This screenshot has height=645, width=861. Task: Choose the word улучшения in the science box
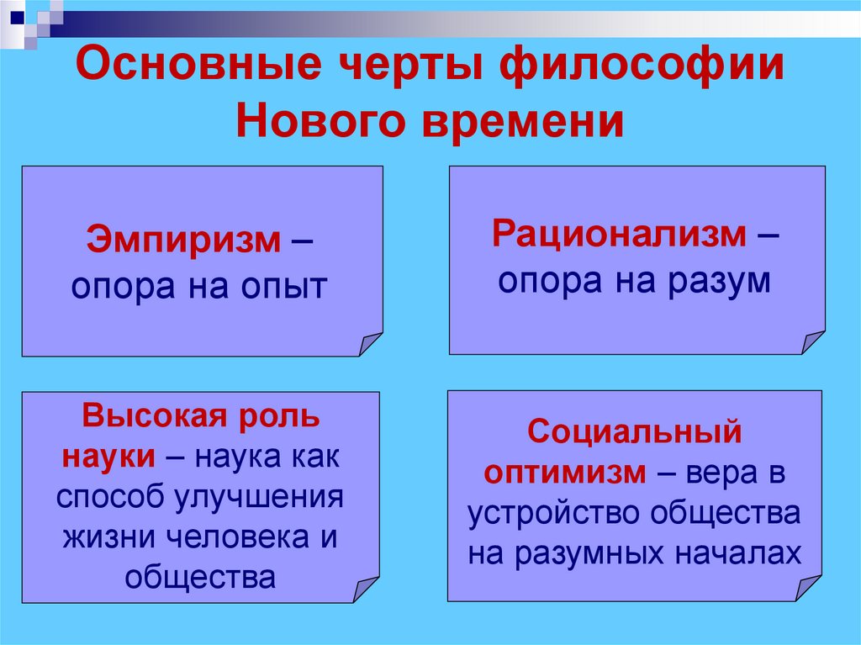(x=260, y=495)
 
